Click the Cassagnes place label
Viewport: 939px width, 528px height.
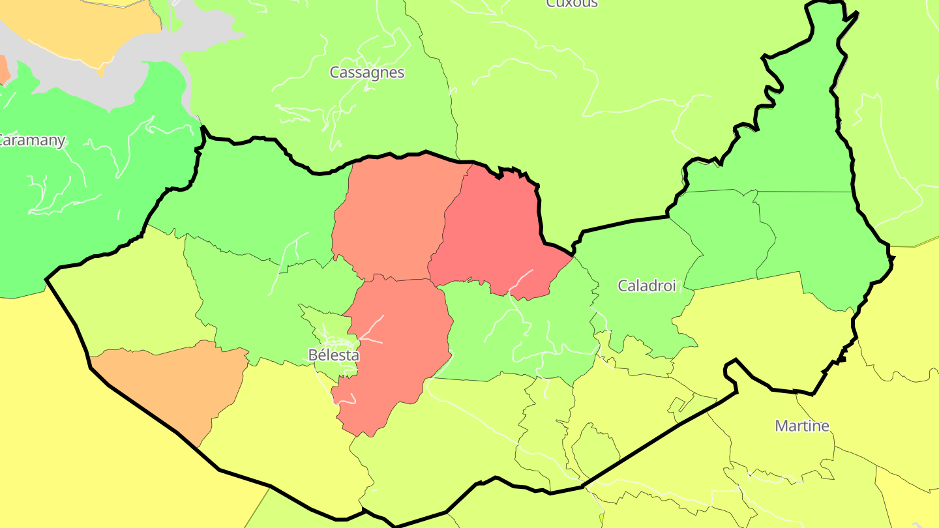[367, 72]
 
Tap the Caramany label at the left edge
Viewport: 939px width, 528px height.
[31, 140]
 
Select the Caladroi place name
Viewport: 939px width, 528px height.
[647, 285]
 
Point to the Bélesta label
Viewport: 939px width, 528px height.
[333, 355]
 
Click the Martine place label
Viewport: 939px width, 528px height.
[802, 426]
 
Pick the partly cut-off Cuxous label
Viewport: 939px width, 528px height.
[572, 3]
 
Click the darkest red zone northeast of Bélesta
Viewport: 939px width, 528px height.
[496, 235]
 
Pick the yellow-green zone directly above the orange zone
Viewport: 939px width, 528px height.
[130, 300]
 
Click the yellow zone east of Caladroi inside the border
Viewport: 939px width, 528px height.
[763, 326]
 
